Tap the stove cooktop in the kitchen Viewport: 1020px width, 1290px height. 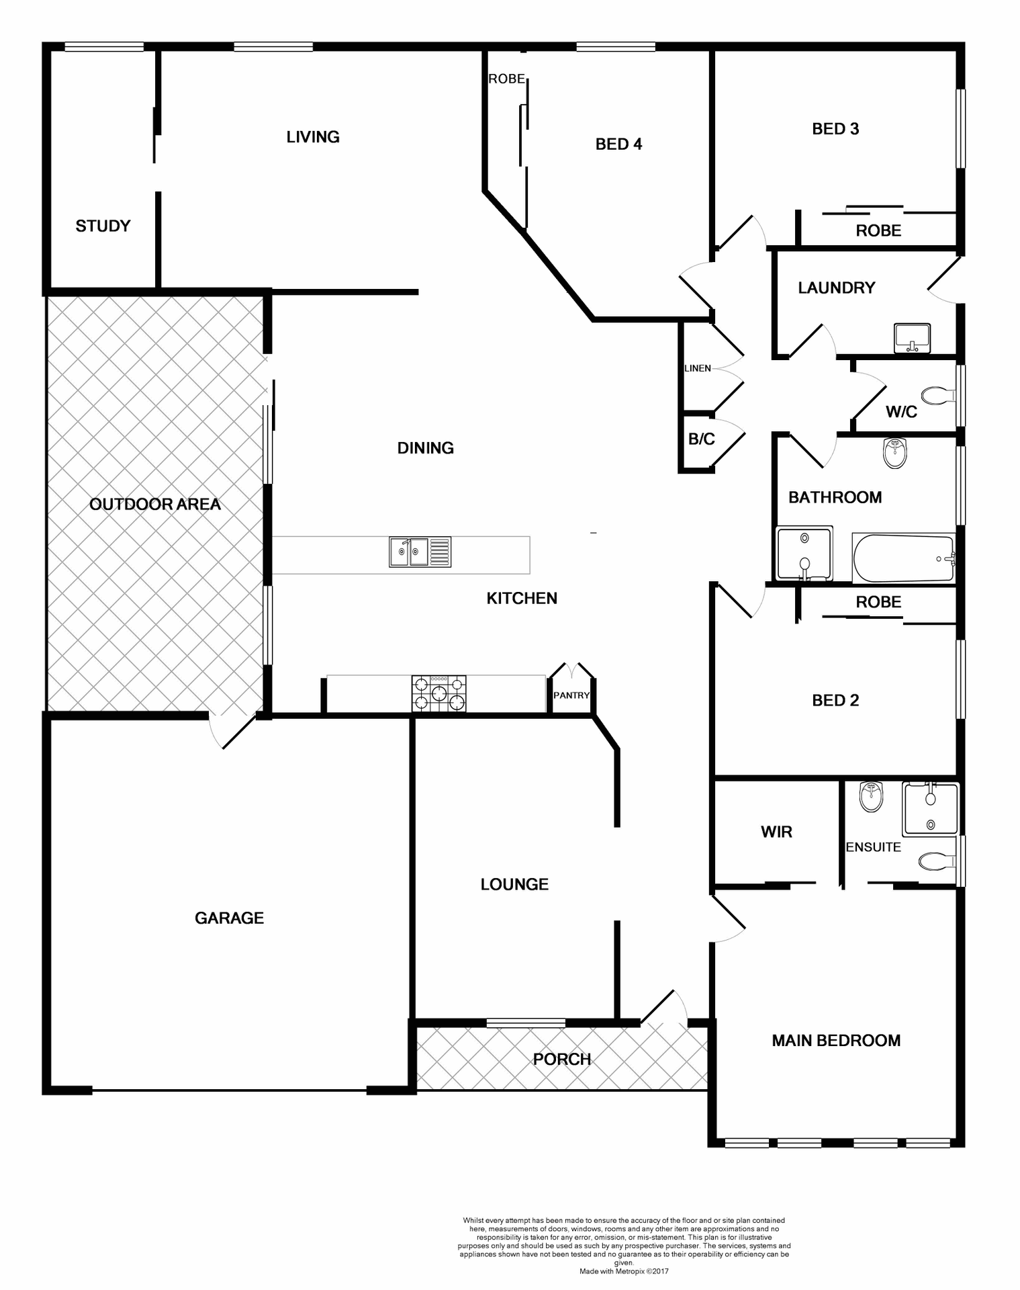pos(438,693)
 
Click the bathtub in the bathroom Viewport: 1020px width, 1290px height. pos(903,558)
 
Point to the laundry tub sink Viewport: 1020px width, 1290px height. pos(912,337)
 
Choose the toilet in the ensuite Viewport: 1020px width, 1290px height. pos(937,860)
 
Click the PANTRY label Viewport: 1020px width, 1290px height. pos(571,695)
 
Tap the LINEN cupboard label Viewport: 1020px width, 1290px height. pos(698,368)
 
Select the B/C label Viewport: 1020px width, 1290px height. pos(702,439)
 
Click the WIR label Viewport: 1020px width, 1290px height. pos(776,832)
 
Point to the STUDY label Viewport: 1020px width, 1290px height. pos(103,226)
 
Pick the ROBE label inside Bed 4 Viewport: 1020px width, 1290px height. pos(506,79)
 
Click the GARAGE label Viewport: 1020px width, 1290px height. pos(229,918)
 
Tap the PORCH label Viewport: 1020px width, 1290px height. pos(562,1059)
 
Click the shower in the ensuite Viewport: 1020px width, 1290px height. pos(931,809)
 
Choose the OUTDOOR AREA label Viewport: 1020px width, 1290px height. pos(154,504)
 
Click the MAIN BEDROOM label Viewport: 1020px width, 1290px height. pos(836,1041)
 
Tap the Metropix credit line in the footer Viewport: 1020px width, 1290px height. pos(624,1271)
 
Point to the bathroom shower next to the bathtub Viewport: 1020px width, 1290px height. pos(804,553)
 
